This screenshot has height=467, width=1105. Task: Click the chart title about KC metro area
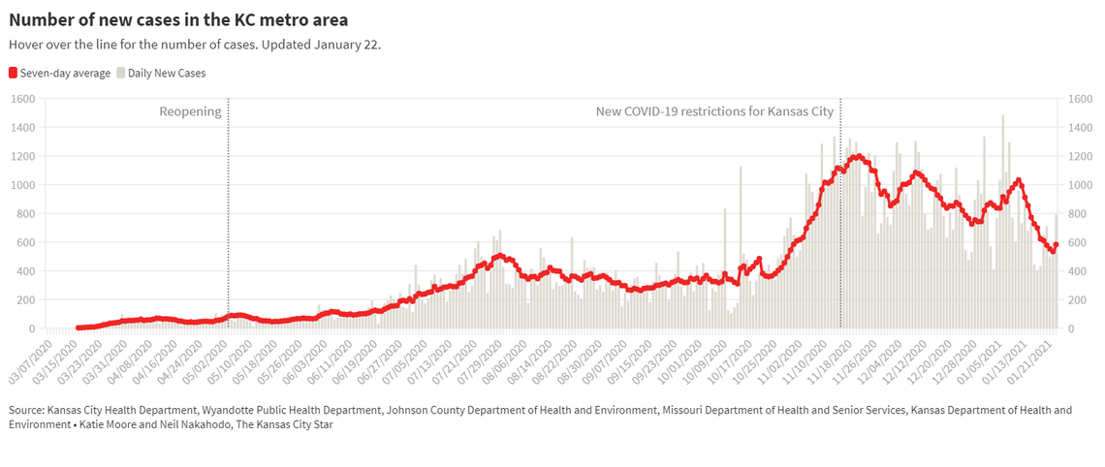[178, 19]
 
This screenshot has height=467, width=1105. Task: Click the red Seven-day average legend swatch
[14, 73]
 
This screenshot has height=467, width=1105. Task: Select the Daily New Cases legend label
[167, 73]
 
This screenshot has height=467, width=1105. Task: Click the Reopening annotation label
[190, 111]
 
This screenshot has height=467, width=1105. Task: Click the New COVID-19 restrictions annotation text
[714, 111]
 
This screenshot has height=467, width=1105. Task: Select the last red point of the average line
[1057, 245]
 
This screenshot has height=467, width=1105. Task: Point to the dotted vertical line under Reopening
[228, 213]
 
